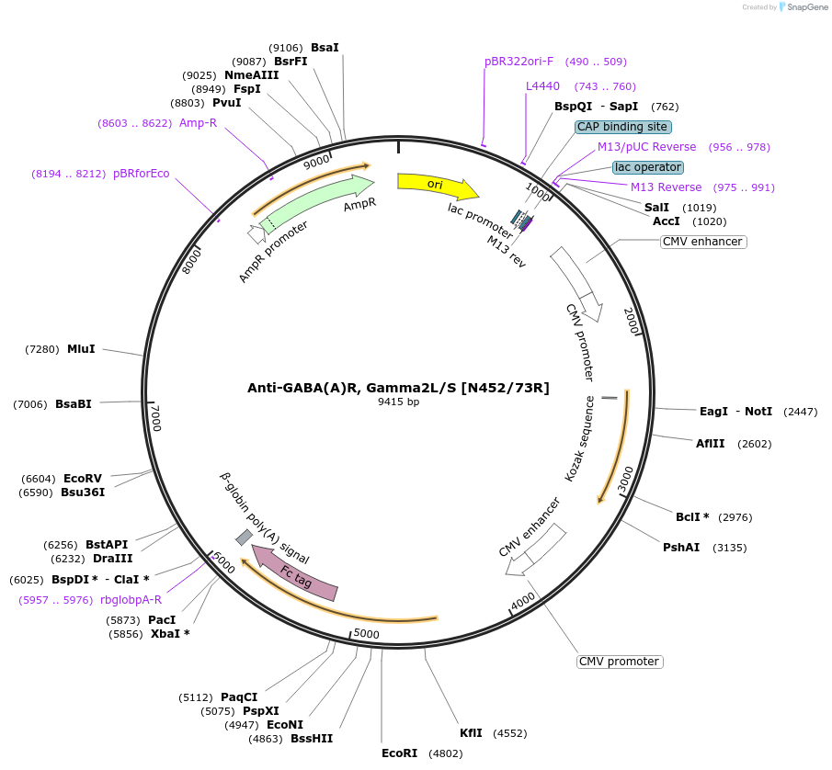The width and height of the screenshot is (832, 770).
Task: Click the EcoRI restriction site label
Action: [x=399, y=753]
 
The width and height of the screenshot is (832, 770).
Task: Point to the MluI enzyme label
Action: [x=81, y=349]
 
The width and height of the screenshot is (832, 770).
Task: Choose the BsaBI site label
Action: [x=74, y=403]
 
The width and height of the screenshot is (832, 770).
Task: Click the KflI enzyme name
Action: [x=471, y=733]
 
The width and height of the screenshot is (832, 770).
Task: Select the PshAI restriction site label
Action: [x=681, y=548]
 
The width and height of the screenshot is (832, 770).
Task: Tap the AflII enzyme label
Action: [x=711, y=444]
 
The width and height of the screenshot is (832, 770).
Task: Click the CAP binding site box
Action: [x=623, y=127]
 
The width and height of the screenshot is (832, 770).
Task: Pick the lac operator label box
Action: [x=648, y=167]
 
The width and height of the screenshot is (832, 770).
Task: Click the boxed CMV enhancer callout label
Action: [x=702, y=242]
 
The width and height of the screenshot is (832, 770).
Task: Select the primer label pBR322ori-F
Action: [x=519, y=62]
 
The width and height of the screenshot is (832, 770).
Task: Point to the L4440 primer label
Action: [x=542, y=86]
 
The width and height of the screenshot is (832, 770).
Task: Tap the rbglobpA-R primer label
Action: [x=131, y=600]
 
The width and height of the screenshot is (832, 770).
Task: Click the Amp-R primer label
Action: [x=198, y=122]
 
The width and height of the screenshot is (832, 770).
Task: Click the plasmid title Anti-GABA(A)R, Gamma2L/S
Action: [x=398, y=388]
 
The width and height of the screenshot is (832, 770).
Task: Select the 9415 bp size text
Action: [x=398, y=402]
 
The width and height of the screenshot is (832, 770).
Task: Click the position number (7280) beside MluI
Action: [x=42, y=349]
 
